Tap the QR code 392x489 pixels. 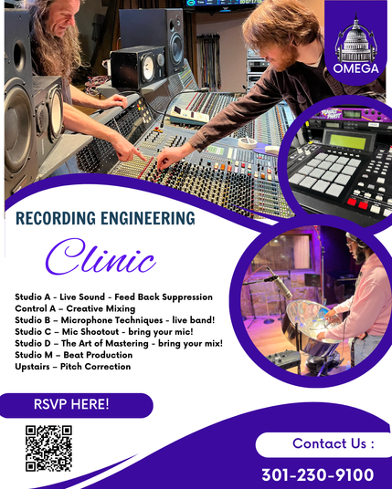(48, 449)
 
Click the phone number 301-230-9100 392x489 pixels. (318, 475)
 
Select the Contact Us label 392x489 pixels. (333, 443)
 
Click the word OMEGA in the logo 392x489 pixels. (355, 68)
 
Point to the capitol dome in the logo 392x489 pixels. (355, 39)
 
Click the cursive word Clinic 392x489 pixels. (101, 256)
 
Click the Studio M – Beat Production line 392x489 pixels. (74, 355)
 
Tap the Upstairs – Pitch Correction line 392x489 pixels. (73, 367)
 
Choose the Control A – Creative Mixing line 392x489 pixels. (75, 308)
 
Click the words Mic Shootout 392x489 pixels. (90, 331)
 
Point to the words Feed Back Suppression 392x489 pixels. (164, 297)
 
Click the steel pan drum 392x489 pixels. (311, 325)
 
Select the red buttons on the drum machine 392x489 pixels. (357, 203)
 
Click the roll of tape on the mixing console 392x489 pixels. (248, 142)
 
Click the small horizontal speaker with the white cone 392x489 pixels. (138, 68)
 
